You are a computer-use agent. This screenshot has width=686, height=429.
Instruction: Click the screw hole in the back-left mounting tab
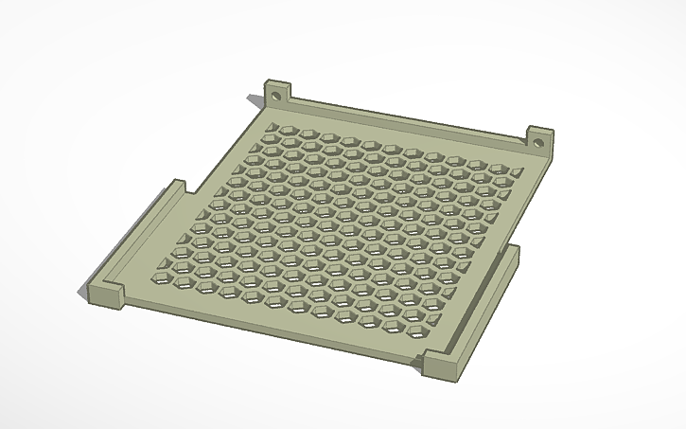pos(276,95)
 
